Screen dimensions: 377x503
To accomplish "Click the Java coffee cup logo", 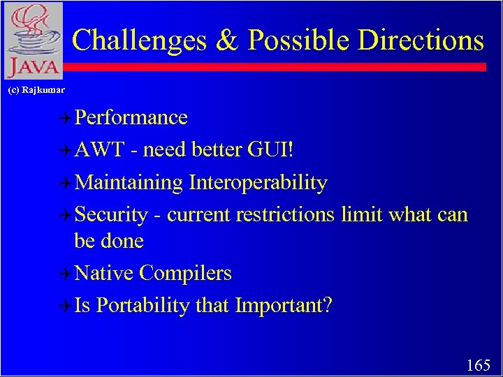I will click(33, 40).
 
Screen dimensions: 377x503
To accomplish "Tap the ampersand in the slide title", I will click(227, 40).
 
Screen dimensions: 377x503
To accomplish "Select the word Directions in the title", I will click(421, 40).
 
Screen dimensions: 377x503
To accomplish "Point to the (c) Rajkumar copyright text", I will click(36, 89).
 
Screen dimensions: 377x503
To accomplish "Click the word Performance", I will click(131, 117).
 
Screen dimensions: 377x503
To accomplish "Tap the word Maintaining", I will click(129, 182).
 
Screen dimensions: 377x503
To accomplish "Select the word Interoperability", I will click(258, 182).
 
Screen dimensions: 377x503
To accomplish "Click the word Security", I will click(110, 214).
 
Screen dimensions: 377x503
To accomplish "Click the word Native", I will click(104, 273).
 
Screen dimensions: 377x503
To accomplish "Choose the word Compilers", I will click(185, 273).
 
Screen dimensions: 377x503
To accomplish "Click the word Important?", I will click(284, 305).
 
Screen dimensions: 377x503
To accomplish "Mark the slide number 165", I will click(479, 364).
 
